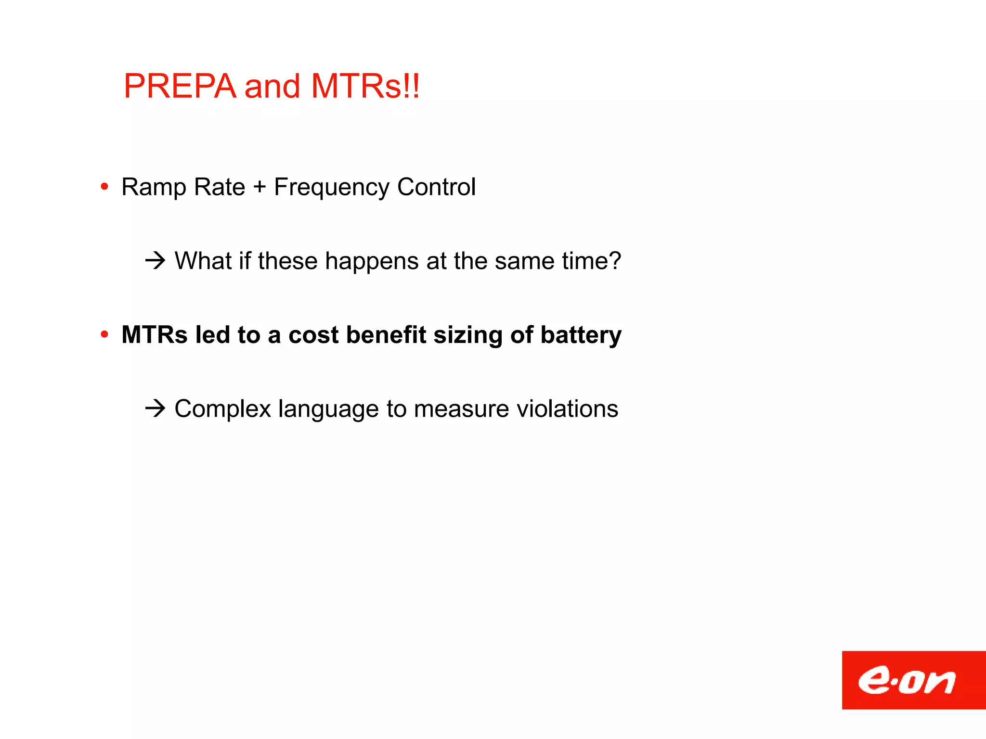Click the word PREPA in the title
pyautogui.click(x=180, y=87)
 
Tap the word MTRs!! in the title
pyautogui.click(x=365, y=87)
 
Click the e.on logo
pyautogui.click(x=913, y=680)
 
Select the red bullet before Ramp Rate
pyautogui.click(x=104, y=187)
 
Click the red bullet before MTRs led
pyautogui.click(x=104, y=334)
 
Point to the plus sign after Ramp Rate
pyautogui.click(x=259, y=187)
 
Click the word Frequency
pyautogui.click(x=331, y=188)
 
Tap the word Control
pyautogui.click(x=436, y=187)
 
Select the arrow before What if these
pyautogui.click(x=156, y=261)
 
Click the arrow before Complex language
pyautogui.click(x=156, y=408)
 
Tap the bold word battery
pyautogui.click(x=581, y=335)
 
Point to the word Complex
pyautogui.click(x=222, y=409)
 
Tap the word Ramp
pyautogui.click(x=154, y=188)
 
